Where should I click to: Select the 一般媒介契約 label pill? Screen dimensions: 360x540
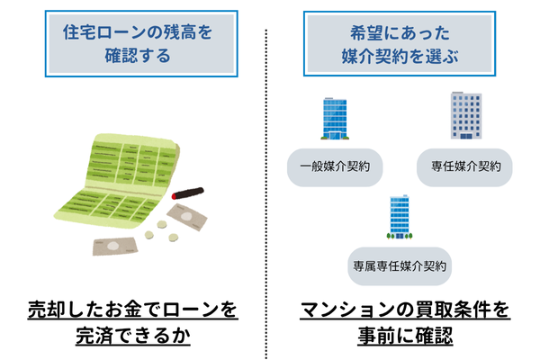coord(334,166)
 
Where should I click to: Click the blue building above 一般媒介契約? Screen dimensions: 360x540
coord(334,118)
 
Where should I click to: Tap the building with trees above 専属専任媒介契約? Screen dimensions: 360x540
coord(400,218)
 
